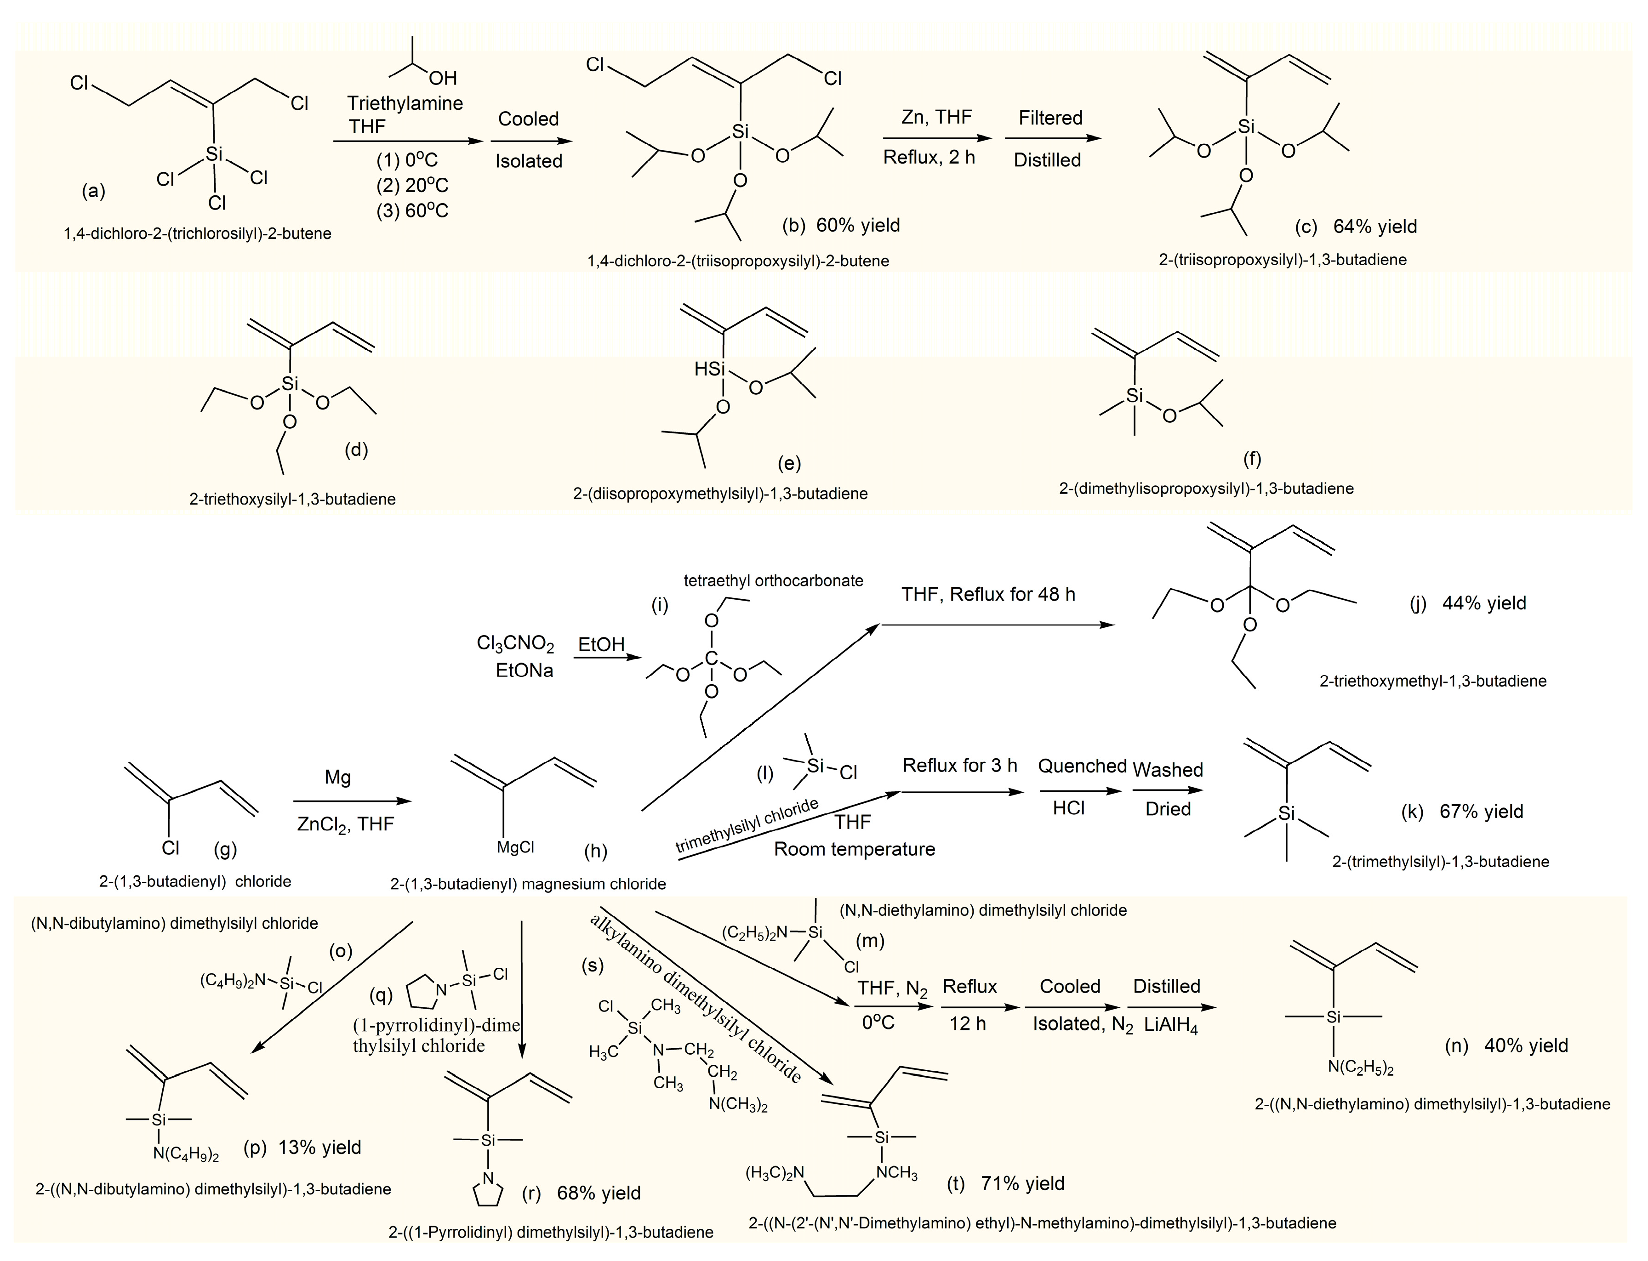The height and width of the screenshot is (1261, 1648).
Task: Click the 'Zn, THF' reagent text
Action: coord(936,117)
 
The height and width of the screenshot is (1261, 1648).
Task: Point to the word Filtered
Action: coord(1050,118)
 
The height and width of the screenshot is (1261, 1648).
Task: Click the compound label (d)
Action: coord(356,449)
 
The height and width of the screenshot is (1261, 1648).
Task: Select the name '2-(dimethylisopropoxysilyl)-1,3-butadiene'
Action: coord(1207,488)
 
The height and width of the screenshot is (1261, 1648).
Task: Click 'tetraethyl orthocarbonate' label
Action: coord(773,580)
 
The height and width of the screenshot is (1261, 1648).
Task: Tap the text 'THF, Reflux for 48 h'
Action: coord(988,595)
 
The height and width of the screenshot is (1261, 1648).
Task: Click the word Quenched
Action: coord(1082,767)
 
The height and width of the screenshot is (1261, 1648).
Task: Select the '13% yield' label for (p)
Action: coord(320,1147)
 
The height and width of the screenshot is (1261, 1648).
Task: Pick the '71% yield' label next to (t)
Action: coord(1022,1184)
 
